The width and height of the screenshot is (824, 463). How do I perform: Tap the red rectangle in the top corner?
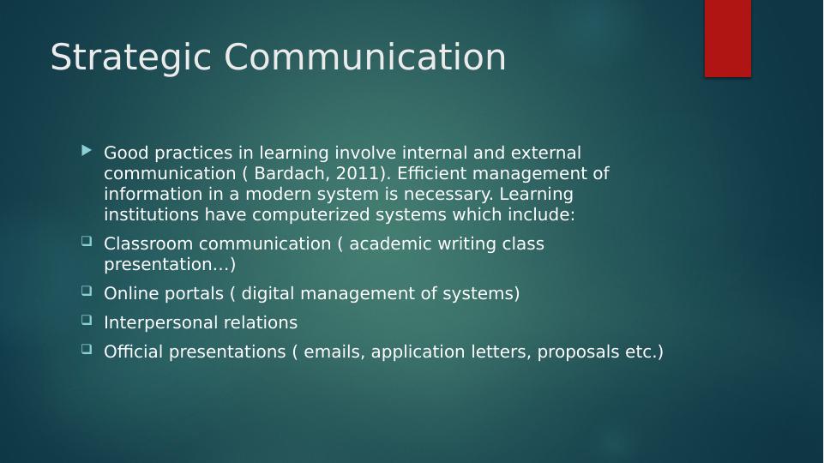point(727,38)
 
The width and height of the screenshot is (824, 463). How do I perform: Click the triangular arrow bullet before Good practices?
point(86,151)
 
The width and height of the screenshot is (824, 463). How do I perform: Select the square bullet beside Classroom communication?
point(87,242)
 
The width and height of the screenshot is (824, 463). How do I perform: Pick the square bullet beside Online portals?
point(87,292)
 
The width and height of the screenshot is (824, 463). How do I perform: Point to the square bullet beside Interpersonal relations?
point(87,321)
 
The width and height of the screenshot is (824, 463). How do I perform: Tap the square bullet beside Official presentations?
point(87,350)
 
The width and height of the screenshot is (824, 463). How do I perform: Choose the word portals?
point(193,293)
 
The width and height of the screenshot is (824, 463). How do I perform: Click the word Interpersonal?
point(156,322)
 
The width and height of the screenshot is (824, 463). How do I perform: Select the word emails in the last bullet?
point(334,352)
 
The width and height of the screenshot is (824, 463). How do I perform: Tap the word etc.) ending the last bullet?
point(643,352)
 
